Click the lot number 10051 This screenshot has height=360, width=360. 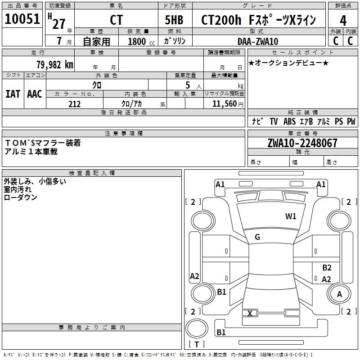22,19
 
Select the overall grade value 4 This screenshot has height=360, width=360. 343,21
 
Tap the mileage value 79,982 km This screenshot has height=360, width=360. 55,65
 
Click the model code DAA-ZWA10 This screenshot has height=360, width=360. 258,41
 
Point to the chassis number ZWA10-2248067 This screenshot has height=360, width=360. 302,143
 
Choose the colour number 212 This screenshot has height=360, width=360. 75,104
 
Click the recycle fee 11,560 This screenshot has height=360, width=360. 224,104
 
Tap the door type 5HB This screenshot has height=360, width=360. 174,20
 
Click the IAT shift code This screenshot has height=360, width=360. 13,94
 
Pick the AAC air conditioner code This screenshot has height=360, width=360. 35,94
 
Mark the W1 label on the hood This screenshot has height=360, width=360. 291,216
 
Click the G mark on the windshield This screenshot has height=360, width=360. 257,237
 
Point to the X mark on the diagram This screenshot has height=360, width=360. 250,313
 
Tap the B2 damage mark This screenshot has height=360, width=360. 327,267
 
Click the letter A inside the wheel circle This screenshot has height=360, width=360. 339,294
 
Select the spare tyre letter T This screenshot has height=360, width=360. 197,344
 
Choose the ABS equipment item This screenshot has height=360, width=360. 289,121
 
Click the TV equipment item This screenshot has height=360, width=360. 274,121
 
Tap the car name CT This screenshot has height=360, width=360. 117,20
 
